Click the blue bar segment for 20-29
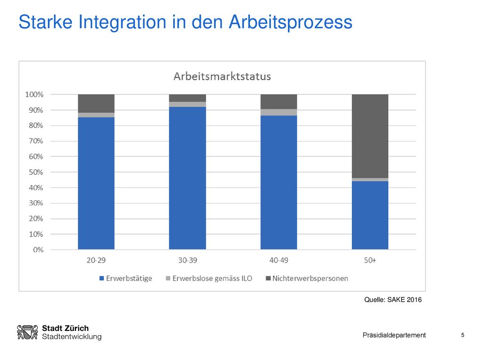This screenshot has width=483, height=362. point(96,183)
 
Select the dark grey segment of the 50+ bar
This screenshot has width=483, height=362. point(370,136)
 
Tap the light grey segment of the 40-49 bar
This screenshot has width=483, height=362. point(279,112)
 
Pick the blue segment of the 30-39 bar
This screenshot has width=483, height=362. point(187,178)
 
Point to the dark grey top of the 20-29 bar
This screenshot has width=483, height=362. point(96,103)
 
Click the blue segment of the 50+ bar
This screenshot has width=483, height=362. point(370,215)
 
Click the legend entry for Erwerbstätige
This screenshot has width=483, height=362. point(125,278)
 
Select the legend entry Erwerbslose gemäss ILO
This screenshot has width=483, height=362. point(209,278)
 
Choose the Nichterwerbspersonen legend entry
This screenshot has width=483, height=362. point(307,278)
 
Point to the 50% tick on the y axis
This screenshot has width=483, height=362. point(36,172)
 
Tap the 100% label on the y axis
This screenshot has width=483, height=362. point(34,94)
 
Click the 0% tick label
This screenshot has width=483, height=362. point(38,250)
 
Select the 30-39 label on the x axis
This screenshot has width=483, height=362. point(187,260)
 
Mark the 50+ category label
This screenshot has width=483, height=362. point(370,260)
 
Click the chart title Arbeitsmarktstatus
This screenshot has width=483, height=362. point(222,76)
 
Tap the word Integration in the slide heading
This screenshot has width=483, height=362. point(122,22)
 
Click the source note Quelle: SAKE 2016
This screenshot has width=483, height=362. point(393,299)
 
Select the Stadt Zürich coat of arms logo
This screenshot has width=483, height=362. point(27,332)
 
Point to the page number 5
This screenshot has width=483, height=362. point(463,335)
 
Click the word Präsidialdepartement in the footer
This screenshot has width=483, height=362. point(394,335)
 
